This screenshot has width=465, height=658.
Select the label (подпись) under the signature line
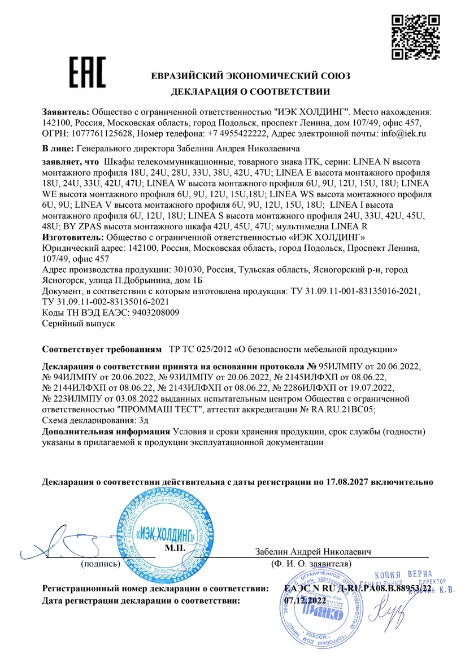[100, 564]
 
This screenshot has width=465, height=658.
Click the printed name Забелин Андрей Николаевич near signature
[312, 551]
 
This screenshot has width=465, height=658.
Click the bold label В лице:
[58, 149]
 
